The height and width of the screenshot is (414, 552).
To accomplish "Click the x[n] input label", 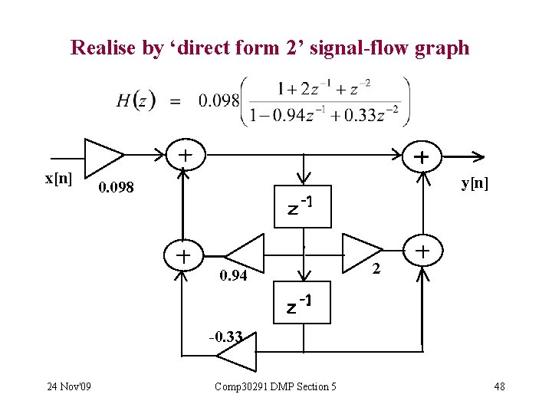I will click(59, 179).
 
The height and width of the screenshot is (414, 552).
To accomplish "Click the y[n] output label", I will click(475, 183).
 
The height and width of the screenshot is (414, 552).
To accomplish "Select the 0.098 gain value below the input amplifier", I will click(116, 188).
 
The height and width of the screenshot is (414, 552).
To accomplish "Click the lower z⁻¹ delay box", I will click(304, 304).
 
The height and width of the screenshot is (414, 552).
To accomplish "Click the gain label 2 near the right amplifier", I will click(375, 268).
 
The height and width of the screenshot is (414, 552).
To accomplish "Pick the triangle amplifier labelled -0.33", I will click(238, 355).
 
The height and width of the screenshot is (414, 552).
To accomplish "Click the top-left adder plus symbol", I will click(185, 156).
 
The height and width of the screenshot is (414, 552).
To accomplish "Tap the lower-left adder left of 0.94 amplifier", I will click(183, 255).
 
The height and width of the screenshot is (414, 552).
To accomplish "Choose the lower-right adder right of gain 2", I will click(422, 251).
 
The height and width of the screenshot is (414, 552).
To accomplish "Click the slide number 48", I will click(499, 386).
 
